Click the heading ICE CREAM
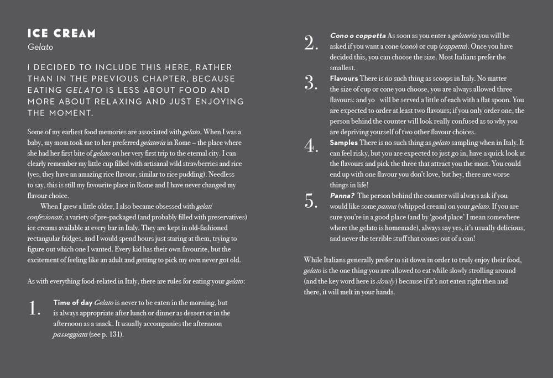(x=61, y=34)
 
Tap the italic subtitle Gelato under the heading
(x=40, y=48)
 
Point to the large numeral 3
(x=311, y=83)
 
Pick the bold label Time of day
(x=73, y=303)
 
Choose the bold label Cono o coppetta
(x=358, y=36)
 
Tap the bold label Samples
(x=344, y=143)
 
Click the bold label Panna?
(x=342, y=196)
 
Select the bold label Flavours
(x=344, y=78)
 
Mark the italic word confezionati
(x=46, y=217)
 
